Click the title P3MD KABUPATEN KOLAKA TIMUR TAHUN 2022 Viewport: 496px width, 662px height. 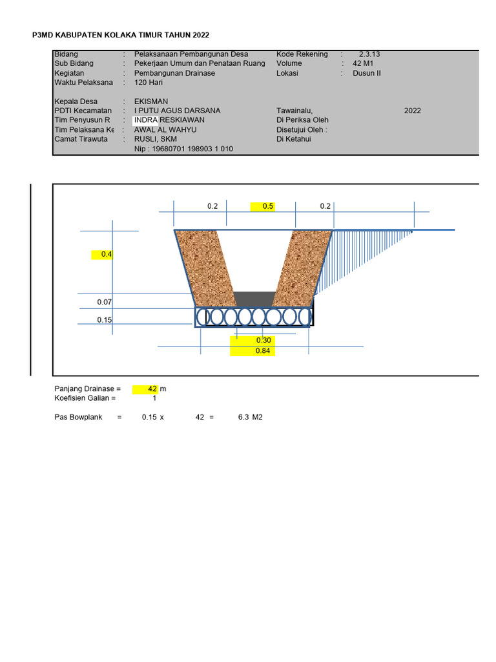[121, 35]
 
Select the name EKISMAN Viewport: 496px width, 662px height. [151, 101]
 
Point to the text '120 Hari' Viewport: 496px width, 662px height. [149, 83]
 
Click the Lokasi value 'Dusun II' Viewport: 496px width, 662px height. [367, 73]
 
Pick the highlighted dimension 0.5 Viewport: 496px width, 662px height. [267, 206]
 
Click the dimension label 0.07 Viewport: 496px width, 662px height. [105, 302]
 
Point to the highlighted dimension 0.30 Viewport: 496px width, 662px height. [263, 340]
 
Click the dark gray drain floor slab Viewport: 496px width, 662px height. [254, 299]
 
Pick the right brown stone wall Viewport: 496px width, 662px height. [302, 265]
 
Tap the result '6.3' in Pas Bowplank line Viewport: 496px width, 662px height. [243, 418]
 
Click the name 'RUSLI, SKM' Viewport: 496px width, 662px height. [155, 139]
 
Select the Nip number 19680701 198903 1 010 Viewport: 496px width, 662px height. [183, 149]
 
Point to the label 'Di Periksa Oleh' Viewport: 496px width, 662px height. [302, 120]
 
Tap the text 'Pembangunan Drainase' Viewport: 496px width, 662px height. [174, 73]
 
